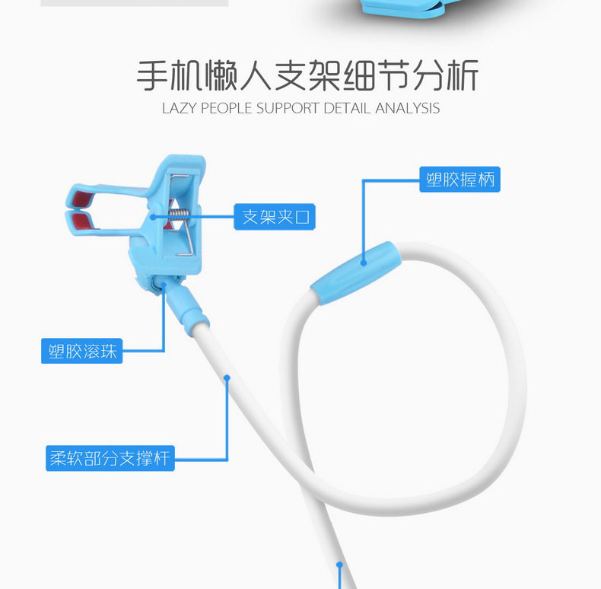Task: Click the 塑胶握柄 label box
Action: click(x=459, y=179)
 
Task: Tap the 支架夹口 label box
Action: click(x=275, y=217)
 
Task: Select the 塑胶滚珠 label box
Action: click(x=81, y=351)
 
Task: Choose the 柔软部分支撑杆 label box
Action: click(x=110, y=458)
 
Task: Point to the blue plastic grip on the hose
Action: click(x=356, y=273)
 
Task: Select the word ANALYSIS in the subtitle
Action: click(x=408, y=108)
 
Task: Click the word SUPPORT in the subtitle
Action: click(x=288, y=108)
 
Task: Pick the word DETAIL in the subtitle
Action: click(x=347, y=108)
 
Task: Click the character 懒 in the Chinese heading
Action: click(x=221, y=75)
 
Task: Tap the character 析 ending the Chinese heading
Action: click(x=463, y=75)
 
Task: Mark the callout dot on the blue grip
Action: click(x=364, y=263)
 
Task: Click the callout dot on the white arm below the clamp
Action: click(x=227, y=378)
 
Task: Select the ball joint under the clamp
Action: click(x=157, y=285)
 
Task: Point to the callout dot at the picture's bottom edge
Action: click(x=339, y=565)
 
